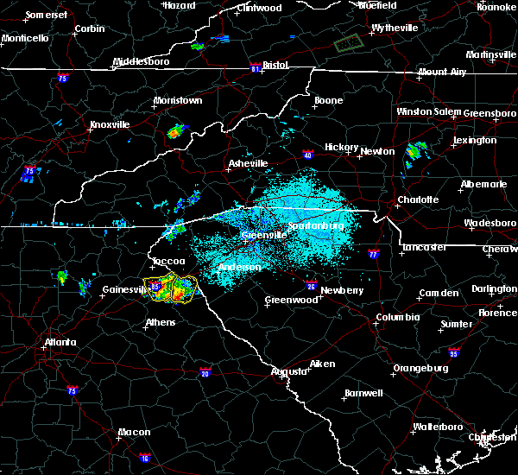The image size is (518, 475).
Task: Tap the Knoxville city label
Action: pos(109,124)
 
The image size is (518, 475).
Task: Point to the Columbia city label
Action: pos(397,317)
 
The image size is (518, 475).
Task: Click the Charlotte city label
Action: pos(418,199)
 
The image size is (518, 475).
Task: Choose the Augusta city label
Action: pos(289,371)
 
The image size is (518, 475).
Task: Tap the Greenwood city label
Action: pos(291,300)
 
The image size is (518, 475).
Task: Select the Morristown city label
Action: pos(177,101)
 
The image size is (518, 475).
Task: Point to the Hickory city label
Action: pos(341,148)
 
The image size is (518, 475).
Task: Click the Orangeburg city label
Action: pos(420,368)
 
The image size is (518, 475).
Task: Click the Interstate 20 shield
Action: pos(205,372)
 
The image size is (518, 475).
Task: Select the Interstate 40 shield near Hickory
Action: pos(308,155)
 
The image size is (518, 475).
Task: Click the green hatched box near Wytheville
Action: pos(348,41)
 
